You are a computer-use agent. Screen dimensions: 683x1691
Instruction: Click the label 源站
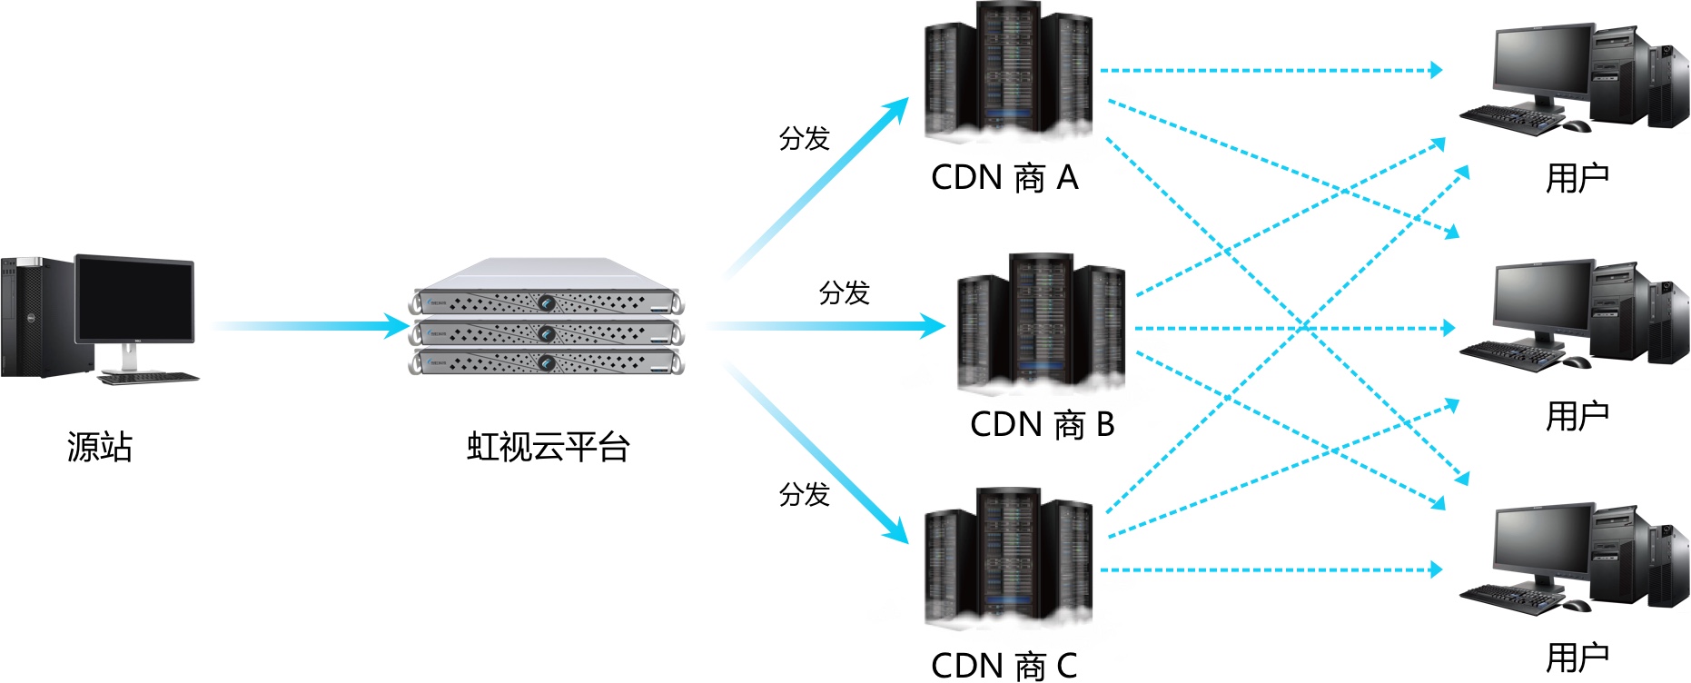[x=100, y=447]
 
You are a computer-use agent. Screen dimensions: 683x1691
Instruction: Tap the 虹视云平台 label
[x=548, y=447]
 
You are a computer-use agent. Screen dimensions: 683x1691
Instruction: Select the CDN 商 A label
[x=1004, y=177]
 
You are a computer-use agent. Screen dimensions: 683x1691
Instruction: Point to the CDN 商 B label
[x=1042, y=424]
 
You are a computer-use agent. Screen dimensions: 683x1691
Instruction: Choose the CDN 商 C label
[x=1004, y=665]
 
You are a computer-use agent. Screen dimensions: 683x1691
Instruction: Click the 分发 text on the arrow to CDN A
[x=805, y=138]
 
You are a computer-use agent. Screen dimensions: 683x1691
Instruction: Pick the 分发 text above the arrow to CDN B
[x=845, y=292]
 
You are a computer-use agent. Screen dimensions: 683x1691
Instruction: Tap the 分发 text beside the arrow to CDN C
[x=805, y=494]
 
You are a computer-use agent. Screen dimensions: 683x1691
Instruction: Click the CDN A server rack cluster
[x=1008, y=71]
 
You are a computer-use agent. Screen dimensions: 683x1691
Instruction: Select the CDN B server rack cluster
[x=1041, y=322]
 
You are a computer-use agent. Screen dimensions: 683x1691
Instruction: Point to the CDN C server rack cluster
[x=1008, y=556]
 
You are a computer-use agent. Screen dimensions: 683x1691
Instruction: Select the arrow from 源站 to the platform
[x=309, y=325]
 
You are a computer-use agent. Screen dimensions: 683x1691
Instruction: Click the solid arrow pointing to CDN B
[x=826, y=325]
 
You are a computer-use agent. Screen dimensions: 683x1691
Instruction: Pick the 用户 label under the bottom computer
[x=1577, y=658]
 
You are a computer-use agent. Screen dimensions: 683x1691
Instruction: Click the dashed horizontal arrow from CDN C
[x=1271, y=570]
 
